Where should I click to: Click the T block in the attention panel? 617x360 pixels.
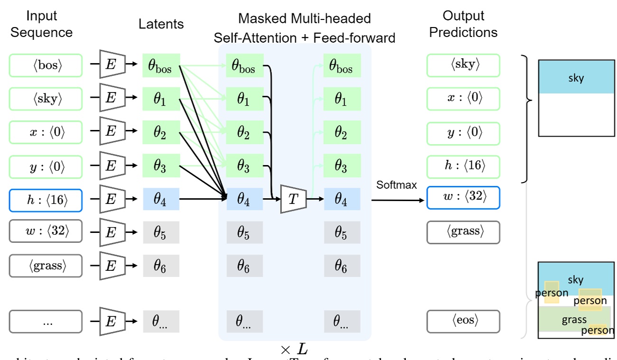[x=293, y=200]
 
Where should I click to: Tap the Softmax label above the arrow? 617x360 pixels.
[x=396, y=185]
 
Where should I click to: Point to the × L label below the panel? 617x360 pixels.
[x=294, y=350]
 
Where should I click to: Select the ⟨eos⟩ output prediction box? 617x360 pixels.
[x=463, y=322]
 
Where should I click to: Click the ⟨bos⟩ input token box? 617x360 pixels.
[x=46, y=65]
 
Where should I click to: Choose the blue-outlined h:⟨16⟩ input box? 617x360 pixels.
[x=46, y=200]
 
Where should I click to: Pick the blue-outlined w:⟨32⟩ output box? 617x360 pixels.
[x=463, y=197]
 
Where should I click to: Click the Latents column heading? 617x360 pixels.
[x=161, y=24]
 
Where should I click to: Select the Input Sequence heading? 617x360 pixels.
[x=41, y=24]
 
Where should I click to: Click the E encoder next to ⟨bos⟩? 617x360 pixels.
[x=112, y=65]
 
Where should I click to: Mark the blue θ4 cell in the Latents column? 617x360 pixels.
[x=161, y=200]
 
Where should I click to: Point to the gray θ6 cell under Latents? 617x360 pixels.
[x=161, y=267]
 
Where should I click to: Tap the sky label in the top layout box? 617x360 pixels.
[x=576, y=78]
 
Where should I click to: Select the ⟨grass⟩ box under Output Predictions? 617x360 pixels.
[x=463, y=232]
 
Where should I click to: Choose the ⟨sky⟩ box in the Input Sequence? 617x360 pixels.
[x=46, y=99]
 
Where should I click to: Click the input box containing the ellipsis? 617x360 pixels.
[x=46, y=322]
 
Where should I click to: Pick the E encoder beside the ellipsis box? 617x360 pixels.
[x=112, y=322]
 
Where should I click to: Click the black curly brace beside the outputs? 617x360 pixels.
[x=527, y=119]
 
